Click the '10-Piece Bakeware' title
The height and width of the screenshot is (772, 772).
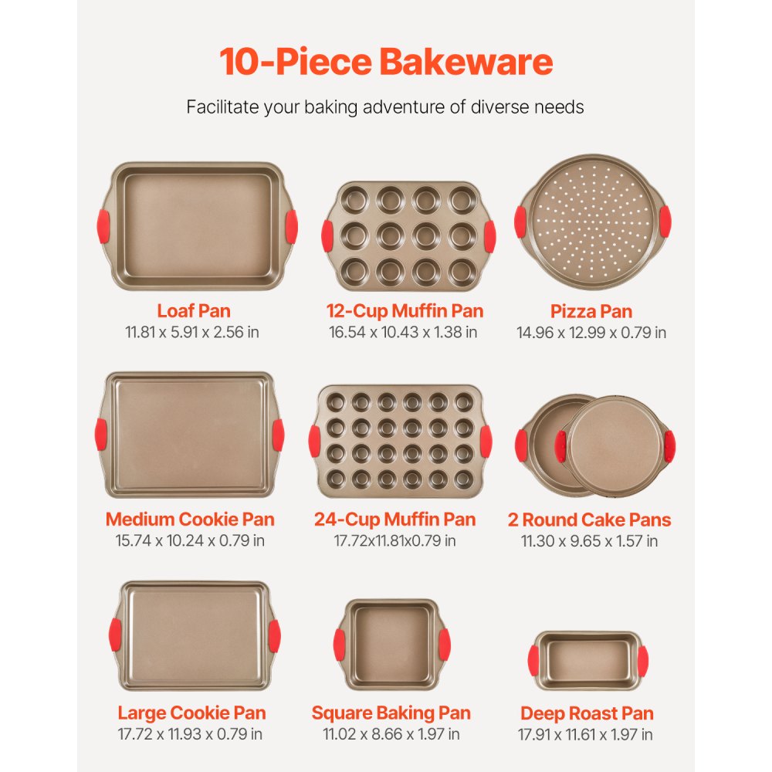pyautogui.click(x=385, y=62)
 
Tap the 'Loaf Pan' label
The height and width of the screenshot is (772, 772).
pyautogui.click(x=194, y=311)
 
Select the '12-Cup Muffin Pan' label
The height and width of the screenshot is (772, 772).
pyautogui.click(x=405, y=311)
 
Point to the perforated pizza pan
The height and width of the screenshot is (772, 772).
pyautogui.click(x=592, y=222)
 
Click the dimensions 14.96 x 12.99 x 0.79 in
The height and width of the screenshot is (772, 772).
pyautogui.click(x=591, y=333)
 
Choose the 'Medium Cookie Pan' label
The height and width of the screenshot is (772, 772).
pyautogui.click(x=190, y=520)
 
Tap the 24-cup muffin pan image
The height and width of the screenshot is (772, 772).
pyautogui.click(x=400, y=441)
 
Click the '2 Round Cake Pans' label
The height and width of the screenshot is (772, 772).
pyautogui.click(x=590, y=520)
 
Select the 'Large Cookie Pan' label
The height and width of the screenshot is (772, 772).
pyautogui.click(x=191, y=713)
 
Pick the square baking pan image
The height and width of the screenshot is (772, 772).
pyautogui.click(x=391, y=645)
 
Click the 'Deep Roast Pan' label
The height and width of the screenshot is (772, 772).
pyautogui.click(x=587, y=713)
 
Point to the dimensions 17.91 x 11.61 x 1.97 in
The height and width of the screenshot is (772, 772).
pyautogui.click(x=586, y=734)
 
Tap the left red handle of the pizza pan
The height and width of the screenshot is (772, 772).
pyautogui.click(x=520, y=222)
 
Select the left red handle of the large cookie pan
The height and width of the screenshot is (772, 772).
pyautogui.click(x=115, y=635)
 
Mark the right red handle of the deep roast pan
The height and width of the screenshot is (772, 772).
pyautogui.click(x=642, y=662)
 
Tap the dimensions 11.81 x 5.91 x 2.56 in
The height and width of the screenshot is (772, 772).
pyautogui.click(x=194, y=333)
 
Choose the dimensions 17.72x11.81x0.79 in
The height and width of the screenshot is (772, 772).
pyautogui.click(x=394, y=541)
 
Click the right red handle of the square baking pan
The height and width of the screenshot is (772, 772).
pyautogui.click(x=444, y=645)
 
